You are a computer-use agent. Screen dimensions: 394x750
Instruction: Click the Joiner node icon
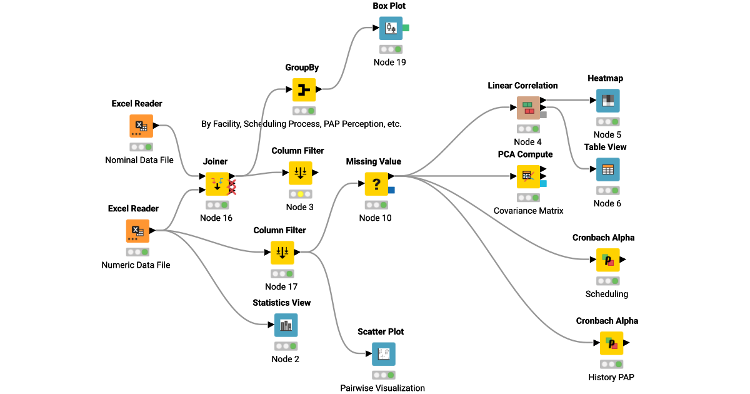point(217,184)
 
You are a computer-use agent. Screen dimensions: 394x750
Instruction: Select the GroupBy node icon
point(304,90)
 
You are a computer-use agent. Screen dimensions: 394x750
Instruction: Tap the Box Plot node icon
point(391,28)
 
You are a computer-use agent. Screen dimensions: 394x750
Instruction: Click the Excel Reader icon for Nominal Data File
point(141,126)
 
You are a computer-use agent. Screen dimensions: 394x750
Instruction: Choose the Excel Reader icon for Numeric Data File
point(137,231)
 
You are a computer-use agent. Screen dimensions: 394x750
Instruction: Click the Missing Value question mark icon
point(376,184)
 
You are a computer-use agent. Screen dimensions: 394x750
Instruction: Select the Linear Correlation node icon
point(528,108)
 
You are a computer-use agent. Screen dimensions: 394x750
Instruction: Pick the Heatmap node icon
point(607,101)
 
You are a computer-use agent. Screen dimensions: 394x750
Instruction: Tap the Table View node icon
point(607,169)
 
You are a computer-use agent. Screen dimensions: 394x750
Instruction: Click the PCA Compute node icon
point(528,176)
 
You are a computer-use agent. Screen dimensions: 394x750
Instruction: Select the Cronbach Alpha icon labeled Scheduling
point(607,260)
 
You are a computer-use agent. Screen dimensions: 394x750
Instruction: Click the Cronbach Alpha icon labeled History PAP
point(611,343)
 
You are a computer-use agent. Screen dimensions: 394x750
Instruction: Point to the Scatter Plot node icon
point(384,354)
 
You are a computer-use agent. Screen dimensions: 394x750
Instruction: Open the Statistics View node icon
point(286,325)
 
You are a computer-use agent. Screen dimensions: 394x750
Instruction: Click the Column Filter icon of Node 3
point(300,173)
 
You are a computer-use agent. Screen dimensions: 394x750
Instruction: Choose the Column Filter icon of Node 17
point(282,253)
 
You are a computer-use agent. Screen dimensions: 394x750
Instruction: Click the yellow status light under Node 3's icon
point(300,194)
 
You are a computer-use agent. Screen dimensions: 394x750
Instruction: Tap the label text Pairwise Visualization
point(382,388)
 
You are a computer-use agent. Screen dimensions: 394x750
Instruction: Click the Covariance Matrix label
point(528,211)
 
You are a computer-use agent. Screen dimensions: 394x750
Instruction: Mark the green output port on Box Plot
point(406,28)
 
